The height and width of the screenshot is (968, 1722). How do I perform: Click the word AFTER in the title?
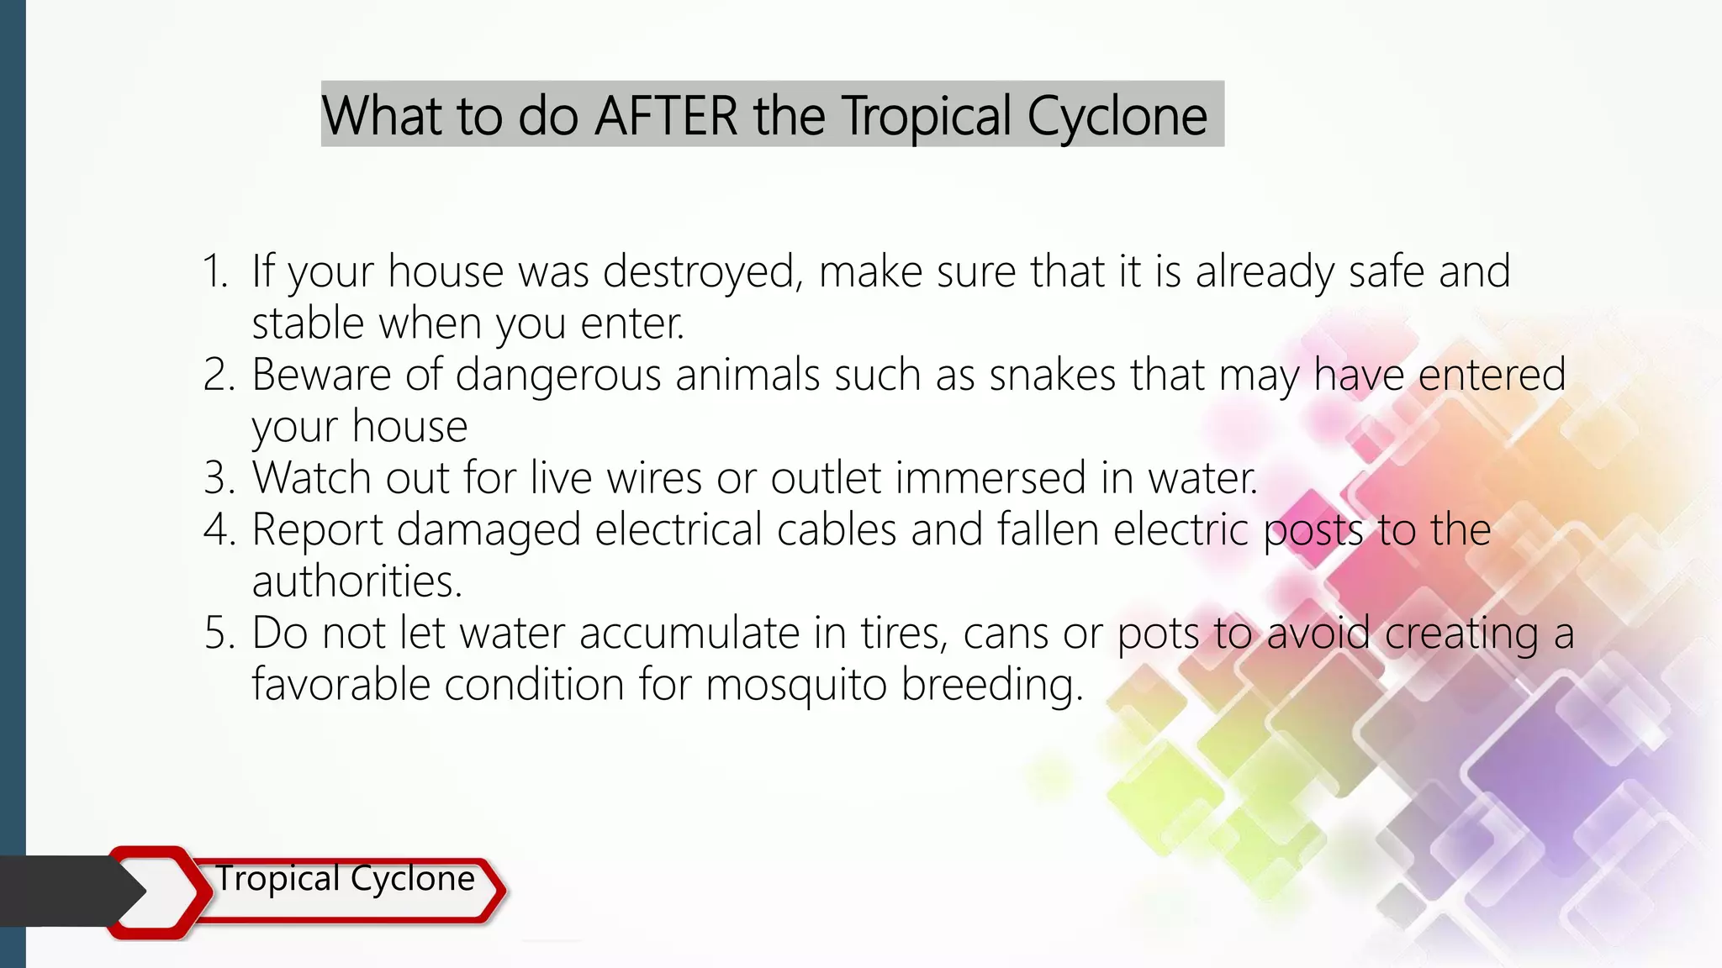pyautogui.click(x=666, y=116)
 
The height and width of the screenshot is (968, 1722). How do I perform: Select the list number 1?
pyautogui.click(x=215, y=271)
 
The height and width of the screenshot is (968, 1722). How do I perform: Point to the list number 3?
pyautogui.click(x=218, y=478)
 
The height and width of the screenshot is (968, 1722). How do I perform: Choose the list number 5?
pyautogui.click(x=218, y=633)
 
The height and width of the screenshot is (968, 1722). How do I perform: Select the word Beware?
pyautogui.click(x=321, y=375)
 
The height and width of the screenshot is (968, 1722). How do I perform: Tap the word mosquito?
pyautogui.click(x=795, y=685)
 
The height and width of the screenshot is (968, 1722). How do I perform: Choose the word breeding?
pyautogui.click(x=992, y=685)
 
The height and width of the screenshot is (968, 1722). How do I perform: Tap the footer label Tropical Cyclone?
pyautogui.click(x=345, y=879)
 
